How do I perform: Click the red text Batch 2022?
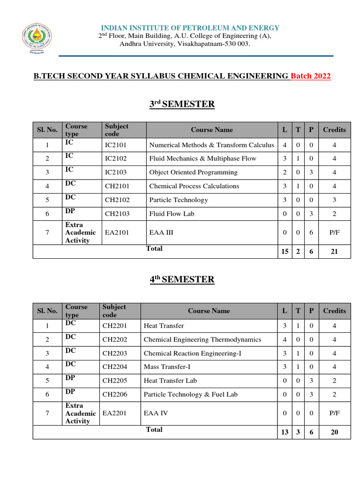tap(311, 76)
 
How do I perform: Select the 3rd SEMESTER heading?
tap(182, 104)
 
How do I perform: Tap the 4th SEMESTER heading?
tap(182, 279)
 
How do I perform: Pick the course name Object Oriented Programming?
tap(193, 172)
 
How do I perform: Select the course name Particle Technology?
tap(178, 200)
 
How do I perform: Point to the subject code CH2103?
tap(117, 213)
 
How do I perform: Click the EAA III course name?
tap(161, 232)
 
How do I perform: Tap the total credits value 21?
tap(334, 252)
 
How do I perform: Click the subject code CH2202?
tap(114, 339)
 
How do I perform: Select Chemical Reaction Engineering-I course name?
tap(192, 353)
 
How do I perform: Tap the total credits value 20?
tap(334, 432)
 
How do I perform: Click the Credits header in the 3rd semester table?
tap(334, 130)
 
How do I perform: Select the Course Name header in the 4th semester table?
tap(209, 311)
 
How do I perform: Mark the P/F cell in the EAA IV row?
tap(334, 413)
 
